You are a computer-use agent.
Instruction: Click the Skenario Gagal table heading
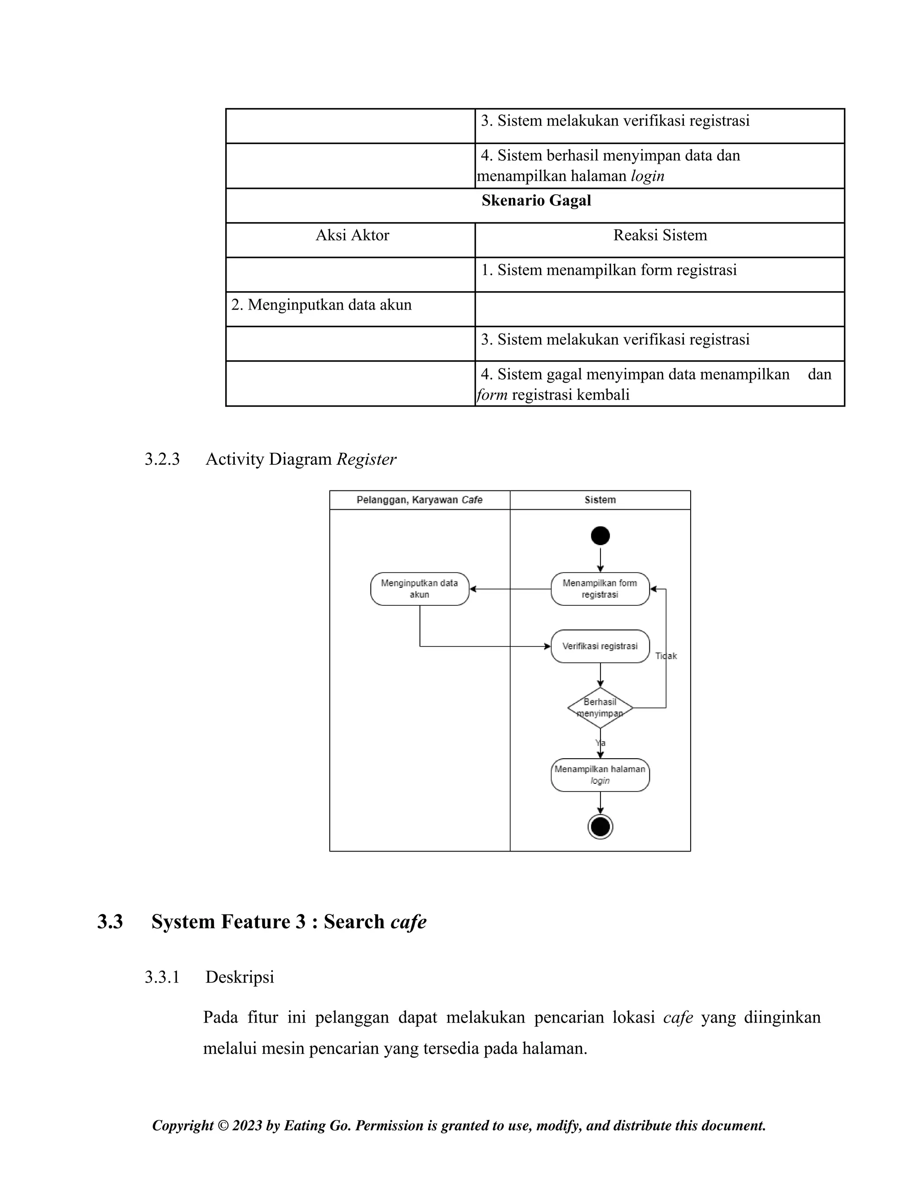coord(536,201)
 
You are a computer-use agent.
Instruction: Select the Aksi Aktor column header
coord(352,235)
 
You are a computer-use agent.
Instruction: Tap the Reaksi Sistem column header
coord(660,235)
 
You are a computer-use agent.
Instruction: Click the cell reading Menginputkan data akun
coord(321,305)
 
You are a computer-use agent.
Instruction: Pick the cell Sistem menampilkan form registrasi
coord(608,270)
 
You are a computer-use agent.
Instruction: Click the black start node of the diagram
coord(600,536)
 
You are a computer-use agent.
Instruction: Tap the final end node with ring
coord(600,827)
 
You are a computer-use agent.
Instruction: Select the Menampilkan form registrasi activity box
coord(600,589)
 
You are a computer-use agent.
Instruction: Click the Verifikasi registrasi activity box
coord(600,646)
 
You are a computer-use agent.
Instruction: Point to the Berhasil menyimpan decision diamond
coord(600,708)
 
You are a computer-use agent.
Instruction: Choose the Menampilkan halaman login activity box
coord(600,775)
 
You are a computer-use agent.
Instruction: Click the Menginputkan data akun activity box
coord(419,589)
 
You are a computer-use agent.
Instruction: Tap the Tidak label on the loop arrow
coord(666,656)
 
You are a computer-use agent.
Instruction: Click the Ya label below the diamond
coord(600,743)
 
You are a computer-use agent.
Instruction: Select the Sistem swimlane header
coord(600,500)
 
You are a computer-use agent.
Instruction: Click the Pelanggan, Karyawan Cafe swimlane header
coord(419,500)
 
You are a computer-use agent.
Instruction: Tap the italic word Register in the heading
coord(367,459)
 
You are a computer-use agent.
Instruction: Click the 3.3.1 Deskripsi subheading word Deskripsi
coord(240,977)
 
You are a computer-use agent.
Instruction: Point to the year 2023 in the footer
coord(247,1125)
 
